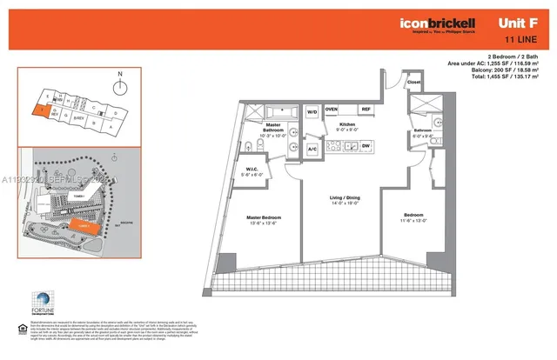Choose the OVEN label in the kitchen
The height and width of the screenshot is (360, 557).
[332, 109]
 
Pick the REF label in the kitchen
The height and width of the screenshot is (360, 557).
[366, 109]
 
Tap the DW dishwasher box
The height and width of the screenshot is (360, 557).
[366, 145]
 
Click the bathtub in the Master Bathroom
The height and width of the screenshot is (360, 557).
[278, 112]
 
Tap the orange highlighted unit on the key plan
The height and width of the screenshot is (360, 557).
[41, 111]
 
